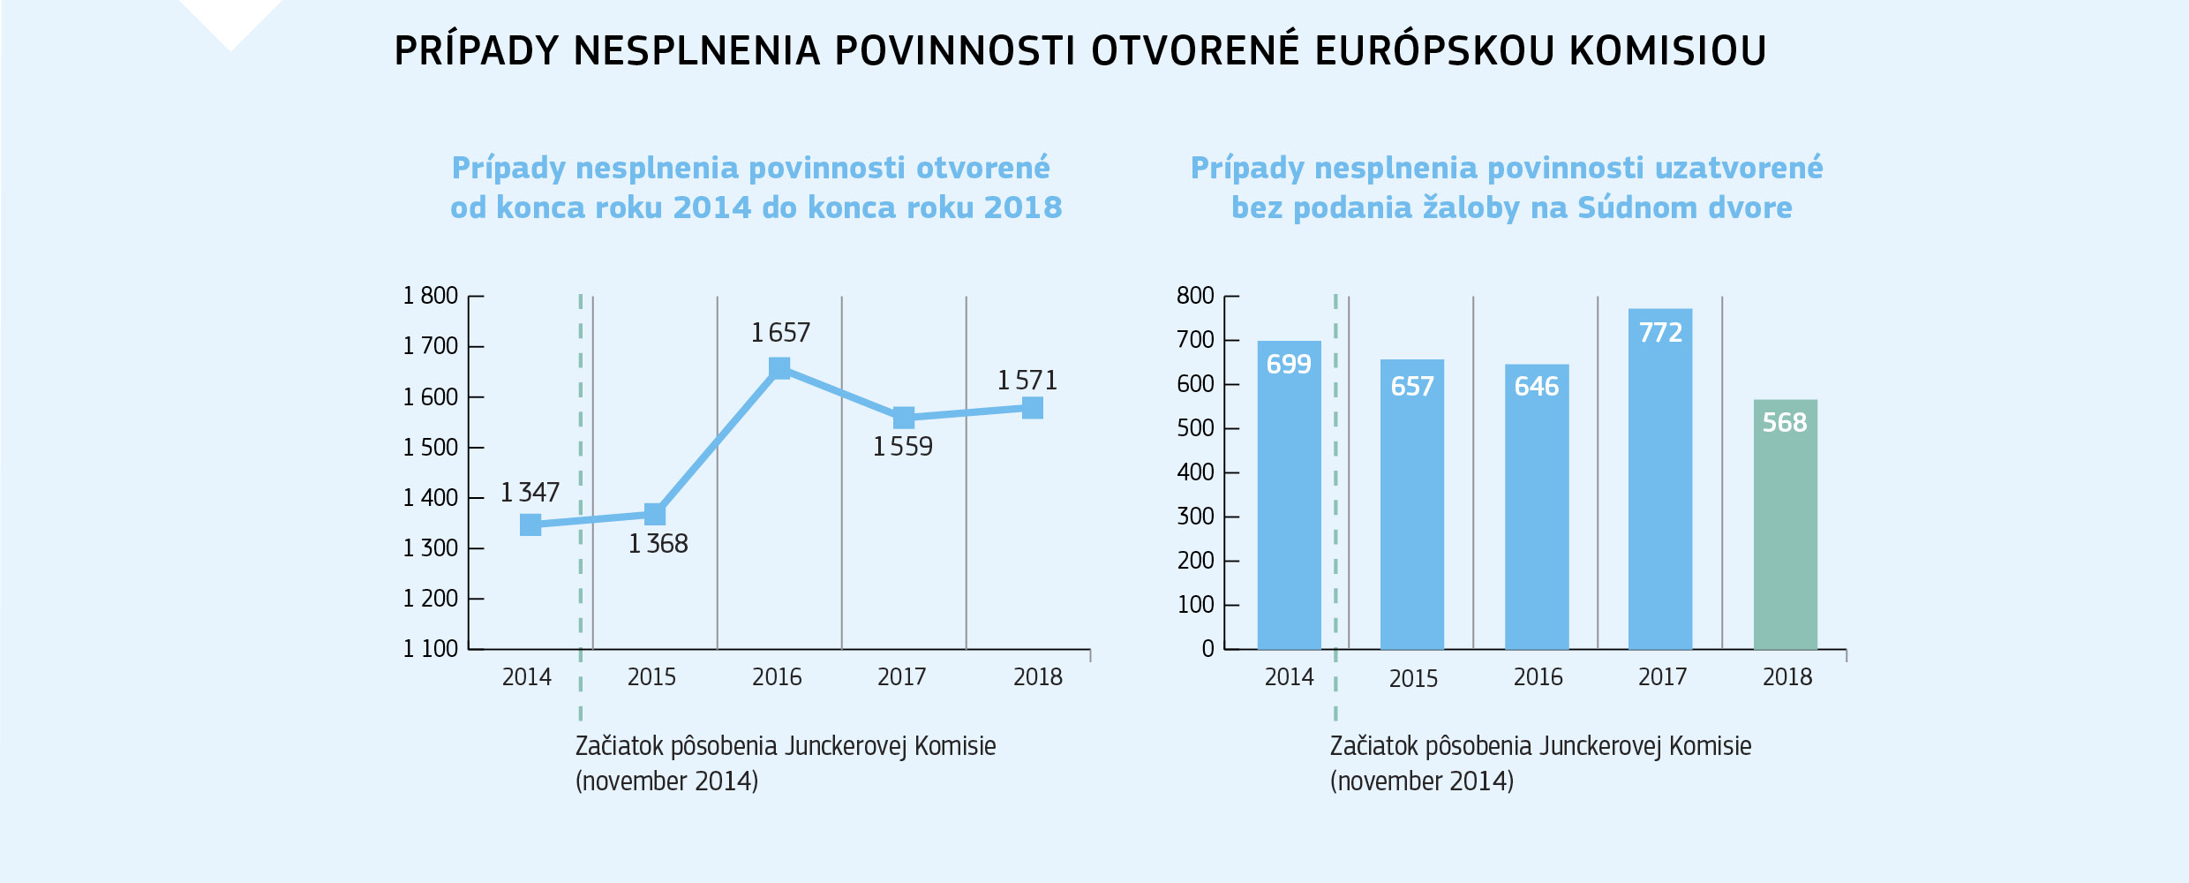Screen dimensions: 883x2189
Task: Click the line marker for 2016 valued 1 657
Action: click(779, 368)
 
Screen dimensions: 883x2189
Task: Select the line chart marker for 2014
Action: click(530, 525)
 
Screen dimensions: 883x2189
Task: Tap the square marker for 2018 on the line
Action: click(1032, 408)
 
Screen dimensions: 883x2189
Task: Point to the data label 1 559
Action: click(902, 447)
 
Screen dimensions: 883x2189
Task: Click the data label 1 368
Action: click(658, 544)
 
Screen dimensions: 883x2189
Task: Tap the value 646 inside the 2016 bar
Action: click(1536, 387)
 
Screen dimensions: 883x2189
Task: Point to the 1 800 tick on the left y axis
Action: click(430, 296)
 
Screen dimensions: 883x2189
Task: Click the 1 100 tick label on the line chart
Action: click(430, 649)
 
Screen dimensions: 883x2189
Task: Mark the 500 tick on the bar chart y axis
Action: click(1195, 428)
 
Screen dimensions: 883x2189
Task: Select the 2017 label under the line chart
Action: click(901, 677)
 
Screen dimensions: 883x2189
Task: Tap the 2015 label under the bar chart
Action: click(1413, 679)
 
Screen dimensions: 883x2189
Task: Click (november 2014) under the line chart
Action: click(666, 781)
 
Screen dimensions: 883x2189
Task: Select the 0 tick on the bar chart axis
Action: click(1207, 649)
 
